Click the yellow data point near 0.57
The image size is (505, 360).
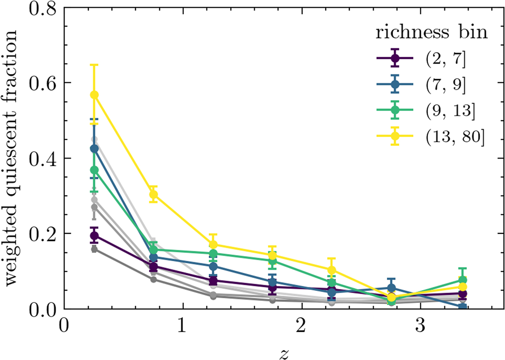(95, 95)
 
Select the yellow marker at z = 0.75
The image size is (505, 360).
(154, 194)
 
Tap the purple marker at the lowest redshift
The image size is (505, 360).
(95, 236)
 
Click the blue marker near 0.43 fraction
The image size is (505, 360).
(95, 148)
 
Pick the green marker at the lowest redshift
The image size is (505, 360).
(95, 170)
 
